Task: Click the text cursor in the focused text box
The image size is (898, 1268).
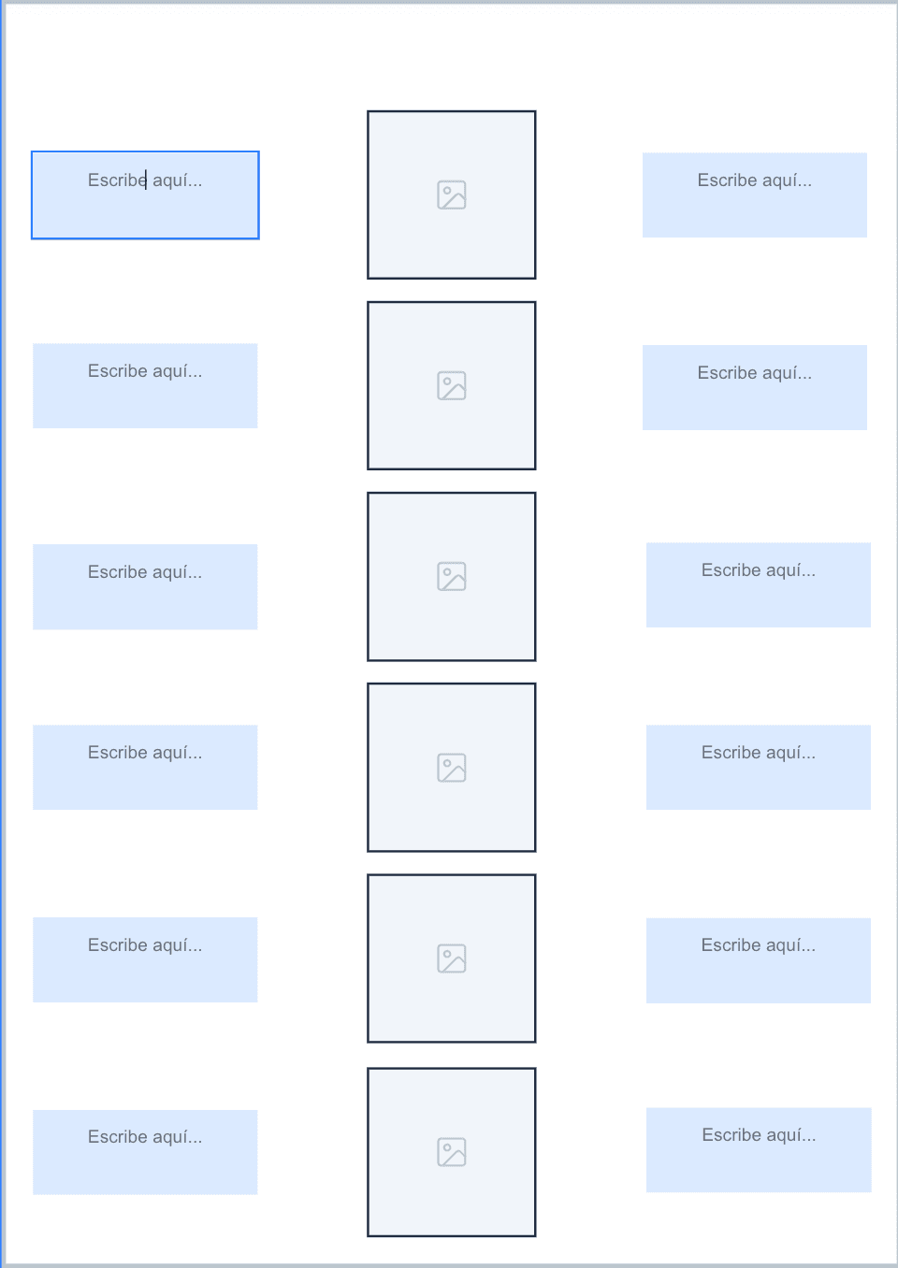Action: [x=146, y=180]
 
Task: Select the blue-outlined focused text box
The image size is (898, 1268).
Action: [x=145, y=195]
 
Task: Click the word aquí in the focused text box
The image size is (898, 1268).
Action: [x=177, y=180]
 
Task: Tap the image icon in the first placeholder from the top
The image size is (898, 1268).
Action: [x=451, y=195]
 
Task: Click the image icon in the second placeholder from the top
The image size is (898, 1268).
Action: [x=451, y=385]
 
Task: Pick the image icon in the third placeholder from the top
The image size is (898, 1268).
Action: [x=451, y=576]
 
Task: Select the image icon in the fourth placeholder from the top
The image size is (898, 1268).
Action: [x=451, y=768]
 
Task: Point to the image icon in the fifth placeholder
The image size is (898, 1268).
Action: [x=451, y=958]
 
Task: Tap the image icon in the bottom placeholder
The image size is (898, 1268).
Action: [x=451, y=1152]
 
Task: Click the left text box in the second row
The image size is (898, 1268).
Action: [x=145, y=386]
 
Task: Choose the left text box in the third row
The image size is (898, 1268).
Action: [x=145, y=587]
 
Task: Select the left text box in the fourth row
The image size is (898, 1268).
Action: [x=145, y=768]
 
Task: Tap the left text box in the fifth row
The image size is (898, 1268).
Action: [x=145, y=960]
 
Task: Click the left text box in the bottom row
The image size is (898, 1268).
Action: [x=145, y=1152]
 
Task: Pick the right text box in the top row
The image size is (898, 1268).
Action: [x=755, y=195]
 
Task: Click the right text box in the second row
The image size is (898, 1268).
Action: [x=755, y=388]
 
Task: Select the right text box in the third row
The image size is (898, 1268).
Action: [x=759, y=585]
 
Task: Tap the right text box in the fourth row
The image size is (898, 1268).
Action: [x=759, y=768]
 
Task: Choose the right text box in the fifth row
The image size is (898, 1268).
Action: [x=759, y=960]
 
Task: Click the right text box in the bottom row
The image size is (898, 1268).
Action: [x=759, y=1150]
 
